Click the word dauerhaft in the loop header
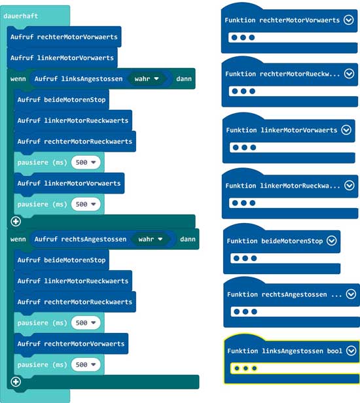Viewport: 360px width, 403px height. (20, 16)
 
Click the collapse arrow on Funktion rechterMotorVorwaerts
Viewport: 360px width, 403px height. (349, 20)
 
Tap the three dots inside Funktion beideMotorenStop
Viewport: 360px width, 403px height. (245, 258)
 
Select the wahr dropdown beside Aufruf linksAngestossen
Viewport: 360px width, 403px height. (147, 79)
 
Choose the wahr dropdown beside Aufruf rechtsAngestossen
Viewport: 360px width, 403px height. (150, 239)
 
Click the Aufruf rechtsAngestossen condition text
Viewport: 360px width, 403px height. (81, 239)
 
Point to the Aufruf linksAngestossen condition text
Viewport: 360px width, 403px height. (79, 79)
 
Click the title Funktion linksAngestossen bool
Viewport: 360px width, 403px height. (285, 351)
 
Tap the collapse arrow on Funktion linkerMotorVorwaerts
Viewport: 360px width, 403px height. (346, 130)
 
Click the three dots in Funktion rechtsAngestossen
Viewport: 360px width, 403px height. (245, 311)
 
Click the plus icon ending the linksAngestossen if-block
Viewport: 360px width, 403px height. (16, 221)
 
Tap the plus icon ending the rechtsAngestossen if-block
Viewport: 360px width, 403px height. (16, 381)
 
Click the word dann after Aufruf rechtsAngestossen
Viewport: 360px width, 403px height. (188, 239)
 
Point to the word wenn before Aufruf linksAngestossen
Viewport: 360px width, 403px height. (18, 79)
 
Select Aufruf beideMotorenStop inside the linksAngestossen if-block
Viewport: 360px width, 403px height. (62, 99)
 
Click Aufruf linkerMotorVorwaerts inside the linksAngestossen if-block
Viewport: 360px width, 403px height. (69, 183)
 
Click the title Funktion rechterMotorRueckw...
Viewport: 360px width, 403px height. (283, 74)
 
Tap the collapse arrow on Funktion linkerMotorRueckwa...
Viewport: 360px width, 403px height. (350, 185)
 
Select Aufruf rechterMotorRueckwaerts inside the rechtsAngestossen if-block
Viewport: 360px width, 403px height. (75, 302)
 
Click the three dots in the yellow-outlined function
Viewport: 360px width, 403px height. (245, 368)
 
